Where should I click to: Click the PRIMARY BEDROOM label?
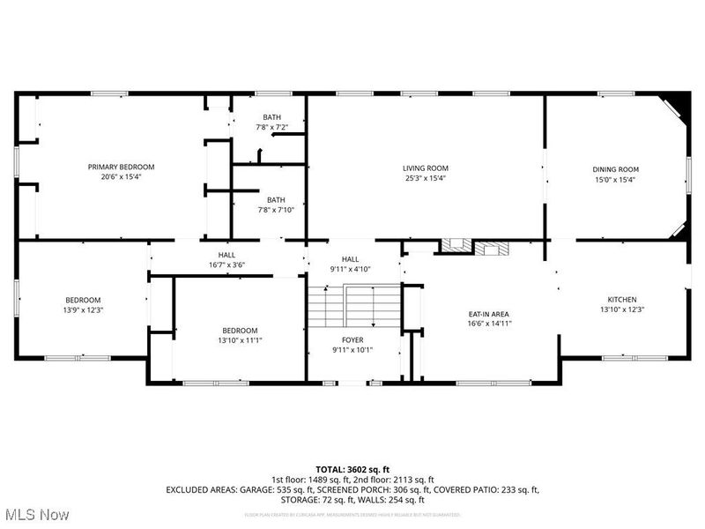point(121,167)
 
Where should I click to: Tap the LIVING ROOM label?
point(426,168)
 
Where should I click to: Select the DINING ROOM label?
point(615,169)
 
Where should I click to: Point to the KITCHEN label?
point(621,300)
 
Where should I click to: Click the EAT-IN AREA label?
point(488,314)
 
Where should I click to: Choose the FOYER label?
point(352,339)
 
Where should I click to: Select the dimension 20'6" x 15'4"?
point(121,176)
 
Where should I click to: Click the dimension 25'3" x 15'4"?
point(426,178)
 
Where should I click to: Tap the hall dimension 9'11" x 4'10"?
point(350,269)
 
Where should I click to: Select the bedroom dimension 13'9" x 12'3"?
point(83,309)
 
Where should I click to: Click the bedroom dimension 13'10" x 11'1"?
point(240,340)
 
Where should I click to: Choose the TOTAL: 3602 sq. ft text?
point(352,470)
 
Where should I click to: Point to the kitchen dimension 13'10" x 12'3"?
point(621,309)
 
